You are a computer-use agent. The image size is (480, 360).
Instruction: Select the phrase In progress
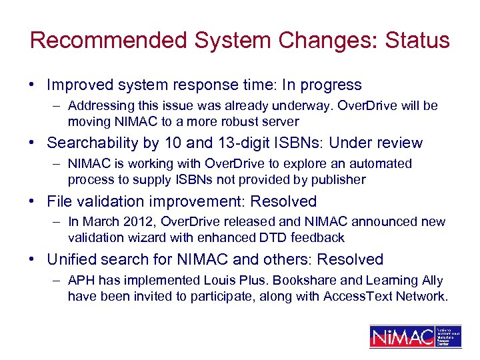click(x=322, y=85)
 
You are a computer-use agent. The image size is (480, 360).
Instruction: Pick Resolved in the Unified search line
click(x=349, y=259)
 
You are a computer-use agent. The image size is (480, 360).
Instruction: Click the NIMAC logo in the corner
click(x=415, y=336)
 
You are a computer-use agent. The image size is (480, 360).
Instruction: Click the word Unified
click(x=71, y=259)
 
